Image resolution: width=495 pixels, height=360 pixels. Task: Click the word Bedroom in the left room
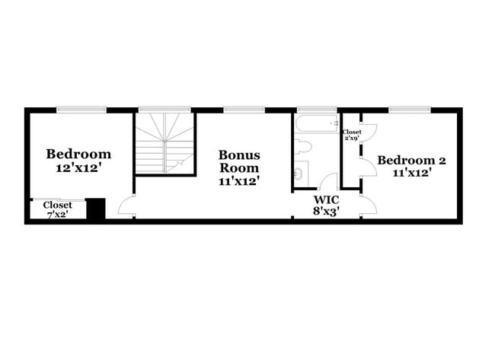click(78, 154)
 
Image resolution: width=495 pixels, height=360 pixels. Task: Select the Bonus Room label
click(239, 161)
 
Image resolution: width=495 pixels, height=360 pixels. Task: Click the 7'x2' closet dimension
click(58, 215)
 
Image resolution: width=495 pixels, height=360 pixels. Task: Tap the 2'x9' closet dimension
click(352, 139)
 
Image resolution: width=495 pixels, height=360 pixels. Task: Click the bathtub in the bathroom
click(315, 125)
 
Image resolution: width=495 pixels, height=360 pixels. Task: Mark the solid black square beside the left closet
click(95, 209)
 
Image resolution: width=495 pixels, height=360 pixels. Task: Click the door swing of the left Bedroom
click(127, 206)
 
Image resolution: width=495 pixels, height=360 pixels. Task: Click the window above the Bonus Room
click(244, 110)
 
